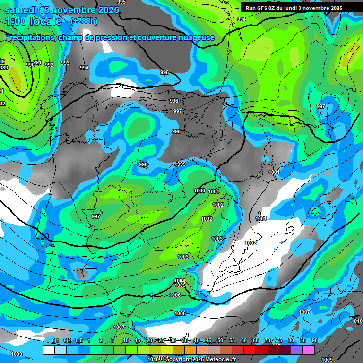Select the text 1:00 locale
pyautogui.click(x=34, y=21)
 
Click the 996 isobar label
pyautogui.click(x=174, y=101)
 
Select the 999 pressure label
pyautogui.click(x=181, y=164)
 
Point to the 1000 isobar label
pyautogui.click(x=199, y=190)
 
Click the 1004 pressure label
pyautogui.click(x=180, y=281)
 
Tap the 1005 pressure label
pyautogui.click(x=180, y=285)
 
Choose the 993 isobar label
pyautogui.click(x=65, y=63)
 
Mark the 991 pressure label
pyautogui.click(x=37, y=63)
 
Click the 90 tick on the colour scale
pyautogui.click(x=314, y=340)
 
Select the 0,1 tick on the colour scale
pyautogui.click(x=55, y=340)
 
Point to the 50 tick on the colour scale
pyautogui.click(x=220, y=340)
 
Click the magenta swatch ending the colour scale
pyautogui.click(x=308, y=350)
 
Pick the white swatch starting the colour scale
pyautogui.click(x=48, y=350)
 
